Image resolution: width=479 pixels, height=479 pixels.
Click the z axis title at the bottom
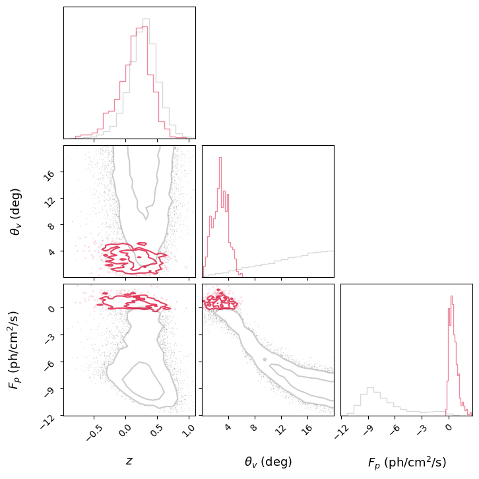pos(129,461)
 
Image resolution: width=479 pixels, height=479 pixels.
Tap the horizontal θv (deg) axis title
pos(268,462)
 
